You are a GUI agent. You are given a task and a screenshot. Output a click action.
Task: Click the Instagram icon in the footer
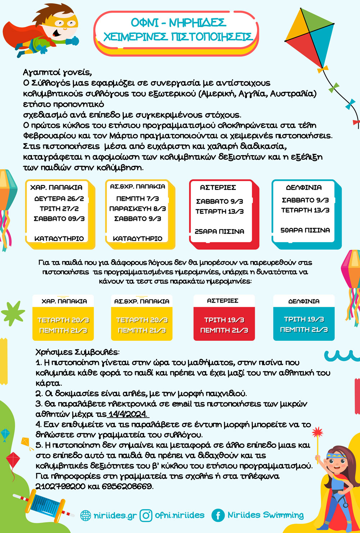[146, 515]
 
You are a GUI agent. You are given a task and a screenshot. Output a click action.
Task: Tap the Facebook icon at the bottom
[218, 515]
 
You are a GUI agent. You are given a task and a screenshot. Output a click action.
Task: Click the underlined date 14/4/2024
[128, 414]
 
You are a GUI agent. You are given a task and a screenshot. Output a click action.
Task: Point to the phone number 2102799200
[60, 487]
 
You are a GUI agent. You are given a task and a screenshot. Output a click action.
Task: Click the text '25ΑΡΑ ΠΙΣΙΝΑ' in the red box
[219, 231]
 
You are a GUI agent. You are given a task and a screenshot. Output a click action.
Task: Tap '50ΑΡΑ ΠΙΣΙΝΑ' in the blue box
[305, 230]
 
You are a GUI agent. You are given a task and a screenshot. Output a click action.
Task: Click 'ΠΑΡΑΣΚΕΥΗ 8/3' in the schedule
[138, 208]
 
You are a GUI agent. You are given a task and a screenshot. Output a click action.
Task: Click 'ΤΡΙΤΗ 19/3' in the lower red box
[224, 320]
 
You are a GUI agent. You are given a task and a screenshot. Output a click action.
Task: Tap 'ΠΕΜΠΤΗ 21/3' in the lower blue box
[304, 329]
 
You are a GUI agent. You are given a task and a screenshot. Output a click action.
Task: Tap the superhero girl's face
[336, 462]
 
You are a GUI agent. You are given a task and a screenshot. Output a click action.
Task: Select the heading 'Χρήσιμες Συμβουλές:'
[77, 352]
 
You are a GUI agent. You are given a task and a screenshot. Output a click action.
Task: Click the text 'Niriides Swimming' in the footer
[265, 515]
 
